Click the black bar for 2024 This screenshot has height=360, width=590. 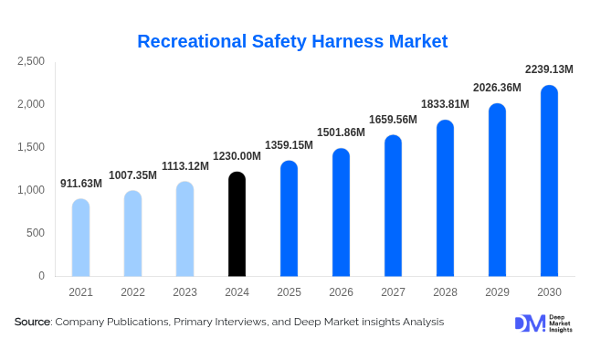pos(237,224)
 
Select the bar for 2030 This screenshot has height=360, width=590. pos(549,181)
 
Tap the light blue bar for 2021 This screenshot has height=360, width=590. pos(80,238)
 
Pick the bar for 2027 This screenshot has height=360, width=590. pos(393,206)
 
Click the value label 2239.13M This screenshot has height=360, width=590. pos(549,69)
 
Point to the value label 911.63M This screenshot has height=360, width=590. pos(81,184)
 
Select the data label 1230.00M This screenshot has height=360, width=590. pos(237,156)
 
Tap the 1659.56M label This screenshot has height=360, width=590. pos(393,120)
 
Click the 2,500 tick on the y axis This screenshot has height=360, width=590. pos(31,61)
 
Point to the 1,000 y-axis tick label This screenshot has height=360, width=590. pos(31,190)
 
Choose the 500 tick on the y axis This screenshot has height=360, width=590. pos(35,233)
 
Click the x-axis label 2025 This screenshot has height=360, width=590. pos(289,292)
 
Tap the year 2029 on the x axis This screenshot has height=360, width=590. pos(497,292)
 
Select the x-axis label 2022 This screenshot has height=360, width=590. pos(132,292)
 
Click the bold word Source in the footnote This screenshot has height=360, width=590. pos(32,322)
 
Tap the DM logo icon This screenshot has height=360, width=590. pos(529,323)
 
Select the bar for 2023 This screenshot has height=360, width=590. pos(184,228)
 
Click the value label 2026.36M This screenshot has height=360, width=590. pos(497,88)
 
